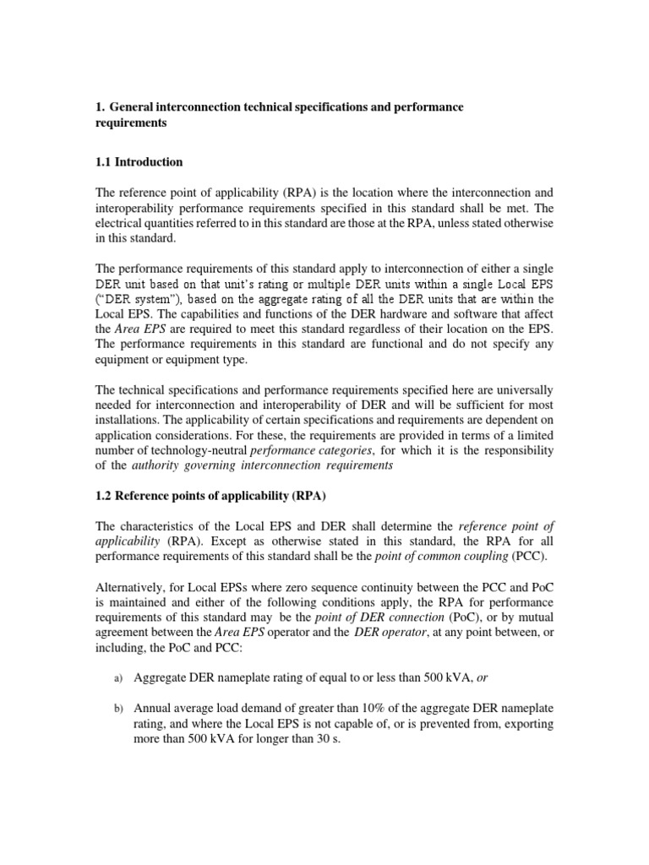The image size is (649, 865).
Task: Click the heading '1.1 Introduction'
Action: coord(139,161)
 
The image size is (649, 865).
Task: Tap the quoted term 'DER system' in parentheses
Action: coord(136,299)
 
